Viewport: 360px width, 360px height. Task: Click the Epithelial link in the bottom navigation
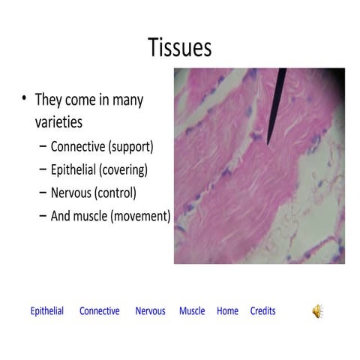coord(46,311)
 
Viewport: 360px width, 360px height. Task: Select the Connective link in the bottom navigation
coord(99,311)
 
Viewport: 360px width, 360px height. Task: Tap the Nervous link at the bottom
coord(150,311)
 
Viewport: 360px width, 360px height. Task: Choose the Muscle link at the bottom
coord(192,311)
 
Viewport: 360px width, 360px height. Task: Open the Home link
coord(227,311)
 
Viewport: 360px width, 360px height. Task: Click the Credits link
coord(262,311)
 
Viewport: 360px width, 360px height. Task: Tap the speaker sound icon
coord(318,311)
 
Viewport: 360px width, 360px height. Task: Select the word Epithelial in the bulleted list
coord(72,169)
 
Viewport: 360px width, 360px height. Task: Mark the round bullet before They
coord(25,99)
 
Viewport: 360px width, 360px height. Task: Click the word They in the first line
coord(48,100)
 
